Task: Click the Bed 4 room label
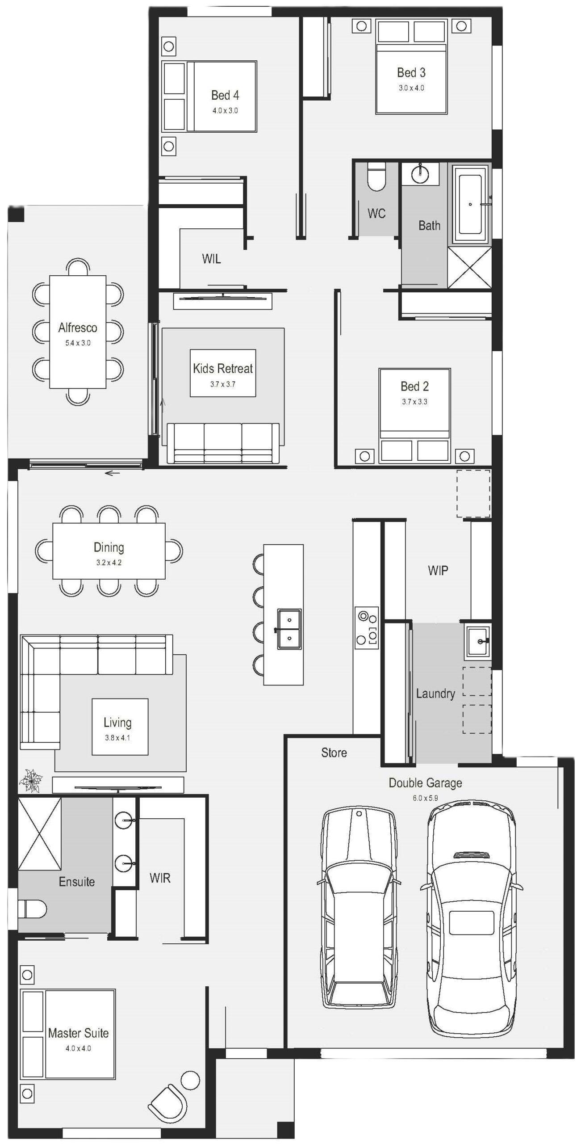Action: (x=225, y=95)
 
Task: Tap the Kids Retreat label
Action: (x=223, y=368)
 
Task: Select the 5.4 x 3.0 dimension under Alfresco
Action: (x=78, y=343)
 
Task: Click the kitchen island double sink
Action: (x=289, y=629)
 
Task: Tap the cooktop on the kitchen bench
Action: (x=367, y=627)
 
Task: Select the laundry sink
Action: (x=478, y=642)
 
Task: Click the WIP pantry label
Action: (x=438, y=570)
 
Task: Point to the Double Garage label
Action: (x=425, y=782)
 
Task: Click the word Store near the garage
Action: (x=334, y=753)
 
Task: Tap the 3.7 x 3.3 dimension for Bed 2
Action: (x=414, y=401)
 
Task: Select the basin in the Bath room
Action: (x=420, y=174)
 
